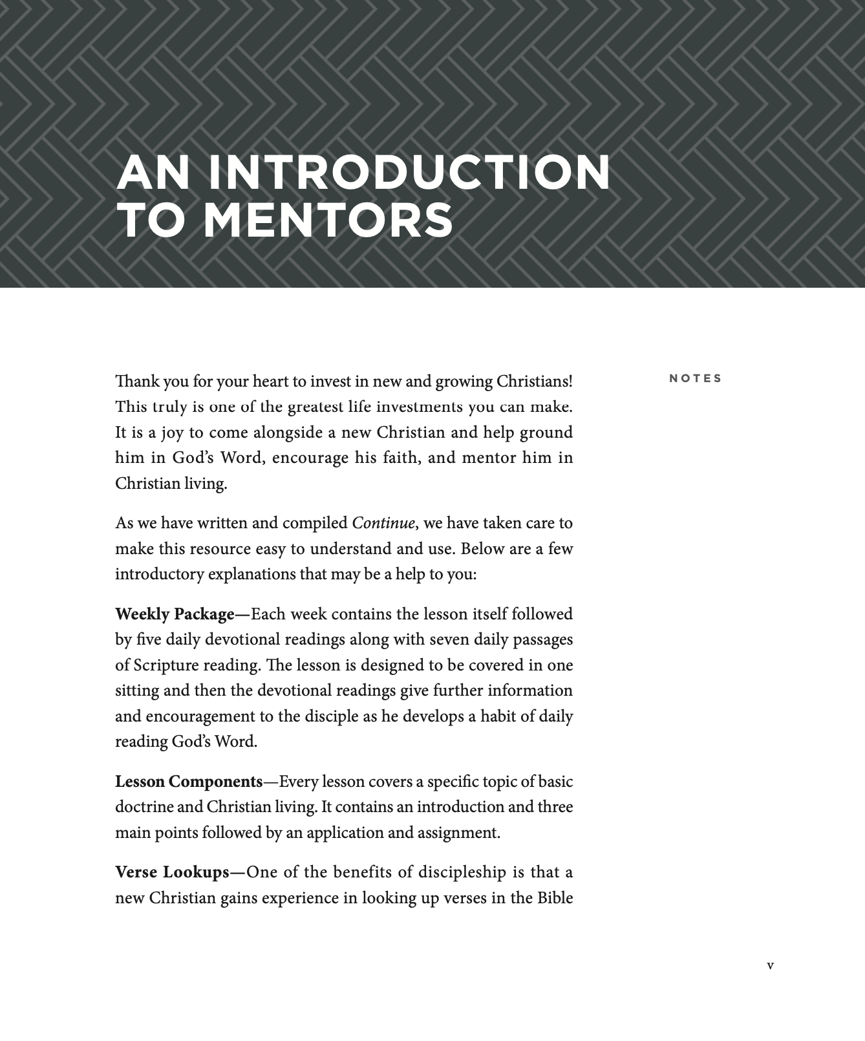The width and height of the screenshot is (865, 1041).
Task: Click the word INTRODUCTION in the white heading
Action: point(409,173)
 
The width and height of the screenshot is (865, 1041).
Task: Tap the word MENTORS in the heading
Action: point(329,220)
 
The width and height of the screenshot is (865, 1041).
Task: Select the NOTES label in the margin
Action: point(695,378)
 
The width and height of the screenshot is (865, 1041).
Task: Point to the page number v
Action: point(770,965)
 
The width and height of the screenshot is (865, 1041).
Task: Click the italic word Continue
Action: point(383,523)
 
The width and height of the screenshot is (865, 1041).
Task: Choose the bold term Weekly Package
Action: point(175,614)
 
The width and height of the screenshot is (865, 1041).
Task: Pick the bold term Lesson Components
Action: point(189,782)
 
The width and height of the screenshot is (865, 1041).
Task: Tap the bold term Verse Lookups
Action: point(172,873)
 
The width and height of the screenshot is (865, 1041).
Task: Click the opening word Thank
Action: point(137,381)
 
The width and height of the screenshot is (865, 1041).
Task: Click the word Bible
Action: point(555,898)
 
